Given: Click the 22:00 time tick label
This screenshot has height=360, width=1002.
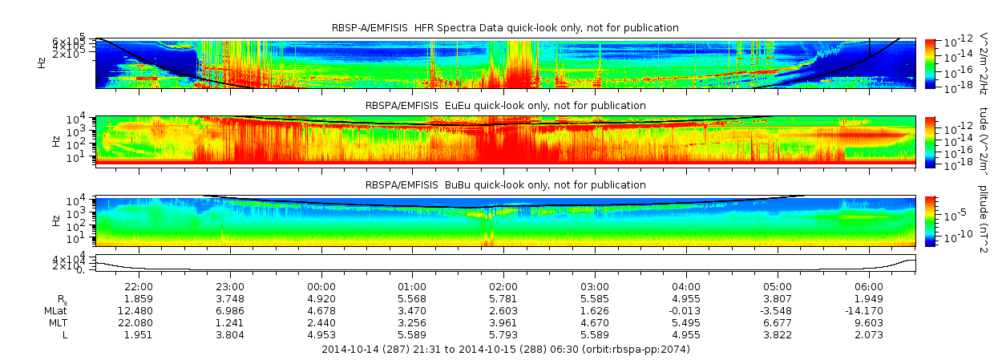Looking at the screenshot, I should click(139, 286).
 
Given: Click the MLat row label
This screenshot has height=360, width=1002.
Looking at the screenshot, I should click(56, 310).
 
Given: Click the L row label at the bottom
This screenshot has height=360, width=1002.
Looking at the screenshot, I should click(65, 334).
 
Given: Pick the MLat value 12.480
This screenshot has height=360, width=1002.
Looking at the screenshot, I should click(139, 310).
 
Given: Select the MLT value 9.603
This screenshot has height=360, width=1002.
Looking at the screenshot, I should click(869, 322).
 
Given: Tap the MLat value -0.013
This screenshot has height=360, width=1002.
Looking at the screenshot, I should click(685, 310).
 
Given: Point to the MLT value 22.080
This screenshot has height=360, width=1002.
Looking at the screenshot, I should click(139, 322).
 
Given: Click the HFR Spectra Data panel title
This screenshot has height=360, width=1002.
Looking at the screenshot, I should click(505, 28).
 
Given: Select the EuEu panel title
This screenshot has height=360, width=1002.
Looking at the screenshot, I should click(505, 106).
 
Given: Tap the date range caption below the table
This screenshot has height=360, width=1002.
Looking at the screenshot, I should click(505, 350).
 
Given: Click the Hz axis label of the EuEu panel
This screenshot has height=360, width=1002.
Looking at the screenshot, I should click(55, 140).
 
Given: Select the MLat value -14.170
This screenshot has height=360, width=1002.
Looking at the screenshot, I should click(869, 310).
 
